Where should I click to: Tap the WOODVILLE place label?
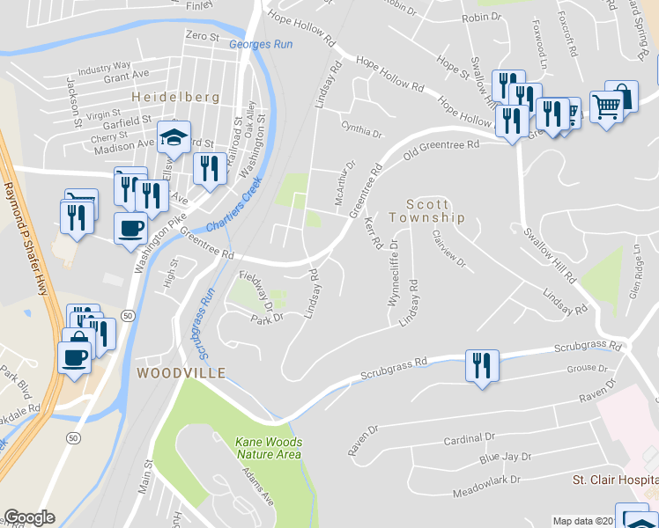click(181, 373)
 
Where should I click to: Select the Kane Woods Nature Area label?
click(269, 448)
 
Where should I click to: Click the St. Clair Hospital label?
click(615, 480)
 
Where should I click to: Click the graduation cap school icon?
click(174, 137)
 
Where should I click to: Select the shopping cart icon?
click(607, 107)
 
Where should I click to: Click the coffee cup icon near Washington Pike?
click(131, 229)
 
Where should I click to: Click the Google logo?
click(29, 517)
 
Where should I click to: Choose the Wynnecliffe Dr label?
click(394, 272)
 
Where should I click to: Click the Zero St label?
click(202, 36)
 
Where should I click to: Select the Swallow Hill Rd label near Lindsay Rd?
click(549, 253)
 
